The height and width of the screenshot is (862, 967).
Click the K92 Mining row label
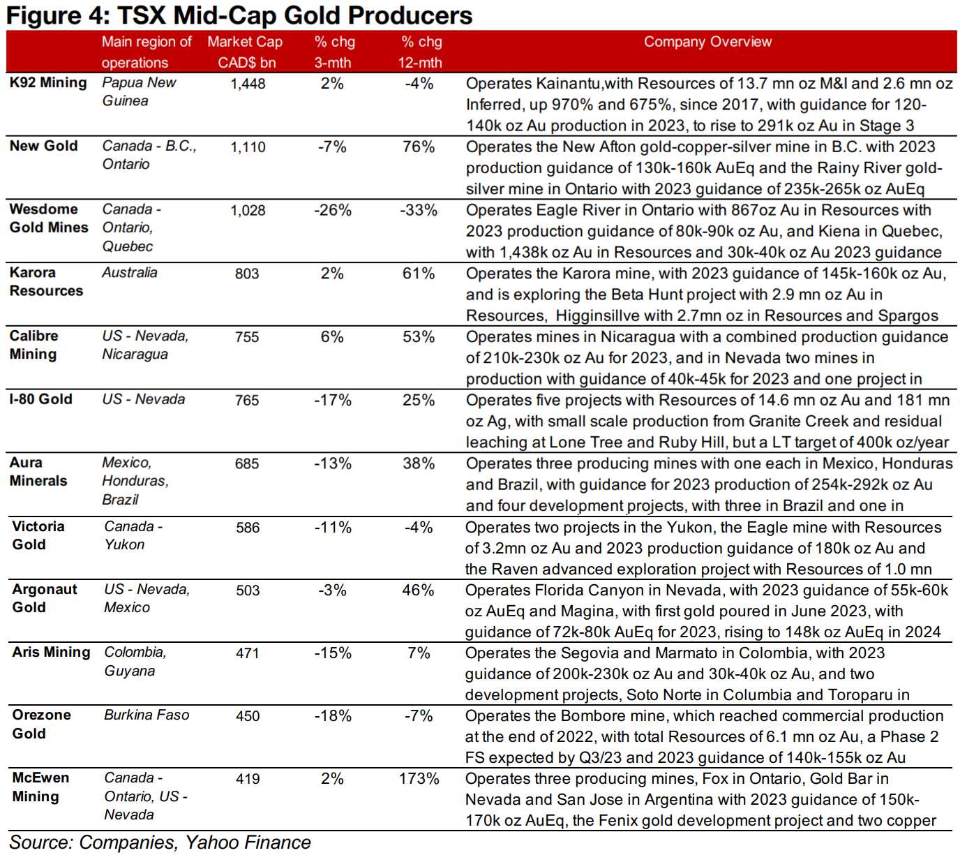coord(48,82)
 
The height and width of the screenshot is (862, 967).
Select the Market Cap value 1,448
coord(248,84)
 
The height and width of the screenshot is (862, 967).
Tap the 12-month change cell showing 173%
coord(419,779)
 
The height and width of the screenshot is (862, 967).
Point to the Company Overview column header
coord(707,42)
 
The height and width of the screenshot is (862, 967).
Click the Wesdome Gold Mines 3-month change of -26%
coord(332,210)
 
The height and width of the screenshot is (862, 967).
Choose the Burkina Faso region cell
coord(147,715)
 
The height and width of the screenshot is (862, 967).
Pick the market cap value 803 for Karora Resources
coord(247,274)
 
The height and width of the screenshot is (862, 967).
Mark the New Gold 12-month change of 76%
coord(419,147)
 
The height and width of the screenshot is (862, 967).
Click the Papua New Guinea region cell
coord(139,91)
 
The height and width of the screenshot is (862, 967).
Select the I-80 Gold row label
coord(40,399)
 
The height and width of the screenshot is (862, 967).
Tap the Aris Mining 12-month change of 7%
coord(419,653)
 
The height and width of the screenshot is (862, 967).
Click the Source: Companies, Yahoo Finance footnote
coord(160,842)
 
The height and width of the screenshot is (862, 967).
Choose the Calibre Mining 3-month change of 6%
coord(332,336)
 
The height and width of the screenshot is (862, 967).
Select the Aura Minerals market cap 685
coord(247,463)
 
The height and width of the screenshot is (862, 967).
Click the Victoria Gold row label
coord(38,535)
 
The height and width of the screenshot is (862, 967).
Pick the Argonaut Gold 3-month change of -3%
coord(332,590)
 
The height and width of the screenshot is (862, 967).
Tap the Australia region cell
coord(130,272)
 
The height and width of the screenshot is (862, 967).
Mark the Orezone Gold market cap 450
coord(248,716)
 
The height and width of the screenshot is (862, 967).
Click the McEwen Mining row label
coord(40,787)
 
